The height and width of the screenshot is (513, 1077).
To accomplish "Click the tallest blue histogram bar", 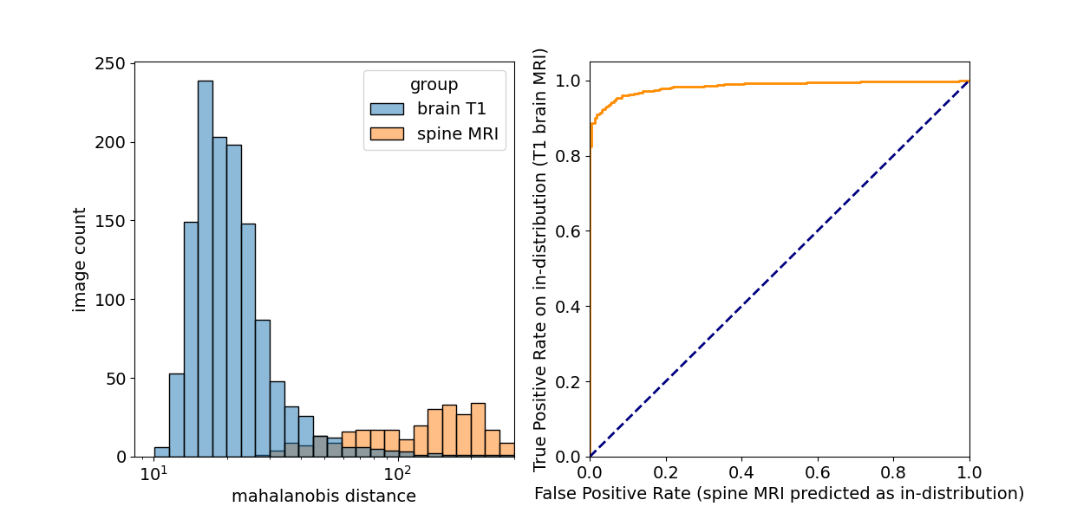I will [x=206, y=269].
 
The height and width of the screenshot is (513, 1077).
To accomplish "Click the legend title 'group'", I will [x=434, y=85].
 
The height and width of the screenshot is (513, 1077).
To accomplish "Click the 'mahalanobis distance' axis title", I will [x=323, y=497].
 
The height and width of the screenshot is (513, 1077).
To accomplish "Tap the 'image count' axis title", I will [x=80, y=259].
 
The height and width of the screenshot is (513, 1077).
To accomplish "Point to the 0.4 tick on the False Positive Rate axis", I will [x=741, y=474].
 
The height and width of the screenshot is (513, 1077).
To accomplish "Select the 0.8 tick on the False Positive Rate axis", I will [x=893, y=474].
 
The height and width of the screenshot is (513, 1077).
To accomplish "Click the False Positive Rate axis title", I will [x=779, y=494].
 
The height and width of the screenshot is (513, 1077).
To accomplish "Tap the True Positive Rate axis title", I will [x=541, y=259].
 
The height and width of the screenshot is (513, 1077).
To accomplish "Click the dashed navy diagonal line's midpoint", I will [x=780, y=269].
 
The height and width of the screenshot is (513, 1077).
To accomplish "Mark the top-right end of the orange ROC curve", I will [x=969, y=81].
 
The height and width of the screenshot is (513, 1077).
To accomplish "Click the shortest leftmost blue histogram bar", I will [x=161, y=452].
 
